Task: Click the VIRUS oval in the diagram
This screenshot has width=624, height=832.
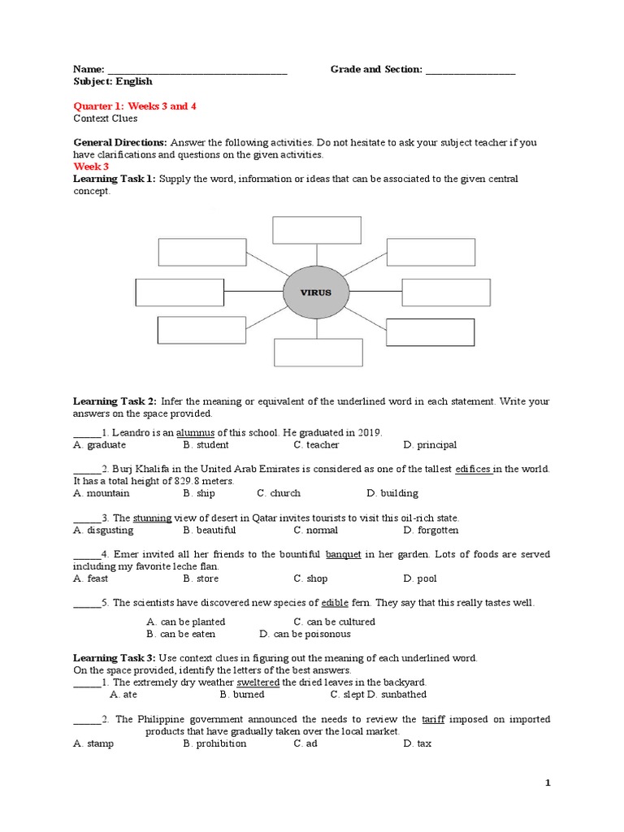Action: coord(317,292)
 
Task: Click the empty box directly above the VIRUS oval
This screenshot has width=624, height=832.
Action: coord(316,229)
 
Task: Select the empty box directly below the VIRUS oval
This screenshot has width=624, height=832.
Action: coord(317,351)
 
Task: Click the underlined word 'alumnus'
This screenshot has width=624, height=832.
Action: coord(197,432)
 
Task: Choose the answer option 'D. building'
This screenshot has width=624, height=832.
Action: coord(393,492)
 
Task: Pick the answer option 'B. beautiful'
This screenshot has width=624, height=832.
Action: coord(210,530)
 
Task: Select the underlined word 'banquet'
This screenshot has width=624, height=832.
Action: coord(343,554)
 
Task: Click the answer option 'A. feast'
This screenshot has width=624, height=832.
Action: coord(90,578)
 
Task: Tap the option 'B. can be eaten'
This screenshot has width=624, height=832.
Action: coord(181,634)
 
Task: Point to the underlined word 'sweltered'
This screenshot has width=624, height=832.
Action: coord(258,682)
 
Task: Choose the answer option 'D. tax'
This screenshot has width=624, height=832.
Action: coord(418,743)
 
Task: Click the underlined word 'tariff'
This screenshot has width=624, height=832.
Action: coord(433,719)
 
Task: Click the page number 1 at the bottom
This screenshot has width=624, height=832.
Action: coord(548,782)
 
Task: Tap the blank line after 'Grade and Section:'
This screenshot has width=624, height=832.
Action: coord(470,70)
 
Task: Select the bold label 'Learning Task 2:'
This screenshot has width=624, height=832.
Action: coord(115,401)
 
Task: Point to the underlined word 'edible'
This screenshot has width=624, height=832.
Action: coord(335,603)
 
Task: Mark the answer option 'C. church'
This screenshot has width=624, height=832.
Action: coord(279,492)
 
